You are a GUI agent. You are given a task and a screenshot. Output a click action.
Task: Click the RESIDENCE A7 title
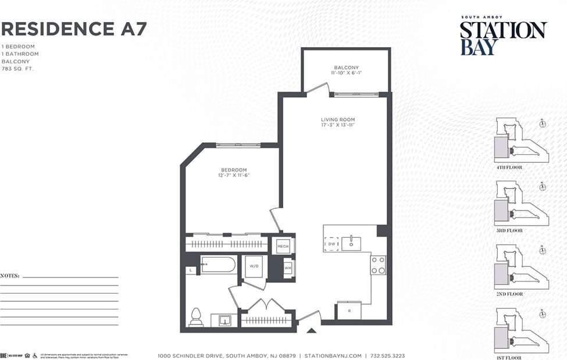(74, 28)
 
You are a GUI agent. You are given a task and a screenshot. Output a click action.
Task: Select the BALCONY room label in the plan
(346, 67)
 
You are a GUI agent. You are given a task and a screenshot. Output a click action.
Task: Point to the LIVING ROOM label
(338, 120)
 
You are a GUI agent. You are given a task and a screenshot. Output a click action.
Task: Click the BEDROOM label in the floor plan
(234, 170)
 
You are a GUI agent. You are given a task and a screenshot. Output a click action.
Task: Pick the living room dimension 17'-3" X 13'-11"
(338, 126)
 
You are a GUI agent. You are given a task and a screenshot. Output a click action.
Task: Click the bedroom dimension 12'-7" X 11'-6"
(234, 176)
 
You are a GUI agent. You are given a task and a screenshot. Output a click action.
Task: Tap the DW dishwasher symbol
(331, 244)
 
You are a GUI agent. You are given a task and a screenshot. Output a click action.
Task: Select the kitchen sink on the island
(351, 244)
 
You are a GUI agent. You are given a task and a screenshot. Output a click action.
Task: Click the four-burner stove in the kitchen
(378, 265)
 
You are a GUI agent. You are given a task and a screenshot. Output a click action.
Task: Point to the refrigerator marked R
(349, 311)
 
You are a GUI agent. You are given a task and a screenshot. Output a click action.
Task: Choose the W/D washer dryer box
(254, 266)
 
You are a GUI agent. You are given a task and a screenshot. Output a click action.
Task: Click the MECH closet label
(283, 246)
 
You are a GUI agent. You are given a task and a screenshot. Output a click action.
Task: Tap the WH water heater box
(287, 268)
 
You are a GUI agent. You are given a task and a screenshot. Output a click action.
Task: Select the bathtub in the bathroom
(219, 265)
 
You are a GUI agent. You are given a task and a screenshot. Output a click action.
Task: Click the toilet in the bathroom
(196, 318)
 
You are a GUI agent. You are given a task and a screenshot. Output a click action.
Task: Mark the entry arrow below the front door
(311, 331)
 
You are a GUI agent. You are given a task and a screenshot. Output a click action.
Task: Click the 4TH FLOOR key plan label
(509, 167)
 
